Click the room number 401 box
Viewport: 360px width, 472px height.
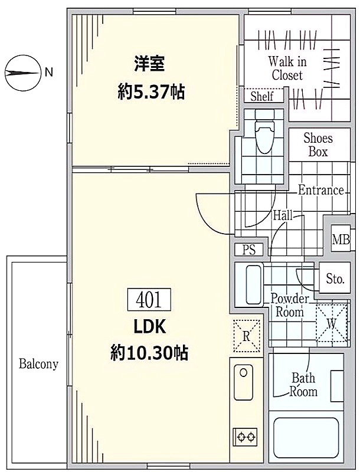tap(149, 300)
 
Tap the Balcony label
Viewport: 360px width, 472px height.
tap(38, 364)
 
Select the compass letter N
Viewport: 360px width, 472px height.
tap(49, 72)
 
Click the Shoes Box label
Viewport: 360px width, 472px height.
tap(318, 145)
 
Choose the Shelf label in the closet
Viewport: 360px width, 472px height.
tap(262, 96)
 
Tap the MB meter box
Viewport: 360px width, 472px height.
tap(341, 240)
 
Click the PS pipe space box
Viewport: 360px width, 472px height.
tap(249, 250)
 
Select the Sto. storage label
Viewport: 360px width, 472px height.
tap(335, 278)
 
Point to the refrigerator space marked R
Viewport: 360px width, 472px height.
tap(247, 336)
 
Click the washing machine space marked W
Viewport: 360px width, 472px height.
tap(332, 324)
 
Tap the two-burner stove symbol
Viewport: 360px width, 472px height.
tap(245, 436)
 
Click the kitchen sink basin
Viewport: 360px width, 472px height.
tap(244, 382)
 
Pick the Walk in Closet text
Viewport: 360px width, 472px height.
tap(287, 68)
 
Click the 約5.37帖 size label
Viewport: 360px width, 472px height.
tap(151, 91)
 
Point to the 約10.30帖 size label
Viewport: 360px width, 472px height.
tap(149, 352)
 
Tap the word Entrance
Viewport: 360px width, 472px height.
tap(321, 190)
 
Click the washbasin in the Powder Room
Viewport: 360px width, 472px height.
tap(253, 285)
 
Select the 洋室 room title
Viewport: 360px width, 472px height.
tap(149, 64)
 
